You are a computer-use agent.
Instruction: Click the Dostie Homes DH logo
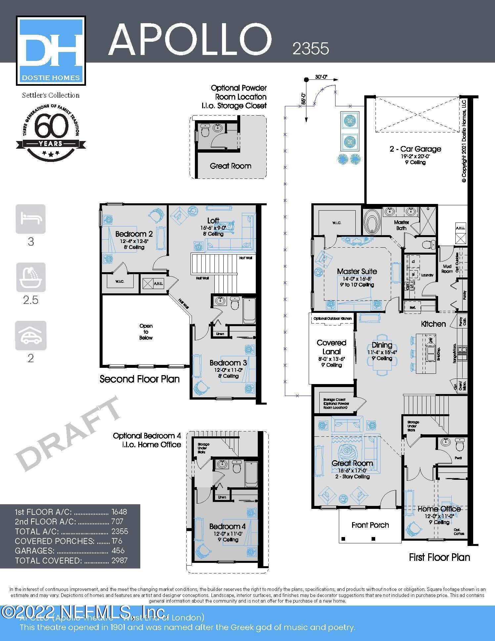coord(51,50)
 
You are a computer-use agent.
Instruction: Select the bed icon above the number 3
coord(30,219)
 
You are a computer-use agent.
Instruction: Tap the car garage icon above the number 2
coord(30,335)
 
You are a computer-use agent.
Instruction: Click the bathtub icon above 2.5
coord(30,277)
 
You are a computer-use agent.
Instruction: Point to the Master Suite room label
coord(357,271)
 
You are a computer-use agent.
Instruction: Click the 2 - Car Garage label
coord(415,149)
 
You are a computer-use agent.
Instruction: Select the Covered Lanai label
coord(331,347)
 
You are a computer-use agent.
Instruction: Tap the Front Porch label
coord(370,525)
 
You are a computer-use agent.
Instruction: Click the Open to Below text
coord(146,332)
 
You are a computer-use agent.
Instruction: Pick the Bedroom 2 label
coord(134,234)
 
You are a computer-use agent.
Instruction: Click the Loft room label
coord(213,221)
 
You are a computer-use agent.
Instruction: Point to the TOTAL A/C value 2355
coord(120,531)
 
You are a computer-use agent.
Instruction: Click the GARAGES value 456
coord(118,551)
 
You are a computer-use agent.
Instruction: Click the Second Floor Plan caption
coord(139,379)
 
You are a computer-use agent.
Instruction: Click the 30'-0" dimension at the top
coord(321,77)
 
